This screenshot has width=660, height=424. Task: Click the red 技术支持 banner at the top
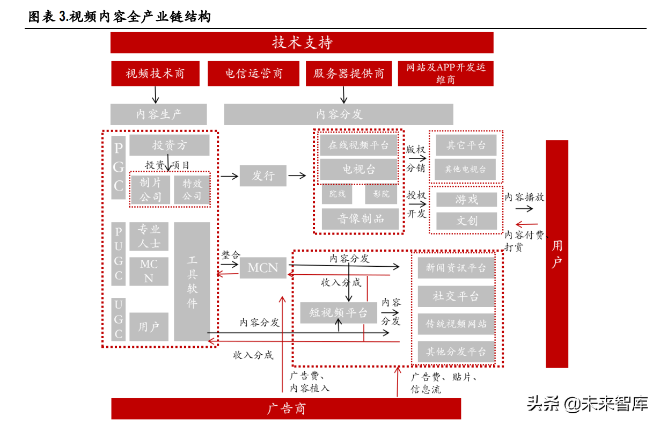pos(302,43)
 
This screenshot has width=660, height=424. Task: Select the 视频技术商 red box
pos(156,74)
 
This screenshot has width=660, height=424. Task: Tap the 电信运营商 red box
pos(253,74)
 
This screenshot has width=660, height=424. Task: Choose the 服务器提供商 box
pos(349,74)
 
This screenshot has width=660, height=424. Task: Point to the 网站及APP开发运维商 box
pos(445,74)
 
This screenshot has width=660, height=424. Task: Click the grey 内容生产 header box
pos(158,114)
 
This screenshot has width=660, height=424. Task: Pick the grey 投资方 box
pos(169,145)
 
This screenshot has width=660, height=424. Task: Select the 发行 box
pos(263,176)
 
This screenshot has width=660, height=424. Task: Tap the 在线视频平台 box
pos(358,145)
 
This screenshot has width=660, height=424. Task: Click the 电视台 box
pos(358,170)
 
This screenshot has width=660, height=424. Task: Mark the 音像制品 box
pos(360,219)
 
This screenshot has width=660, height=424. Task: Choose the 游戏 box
pos(466,200)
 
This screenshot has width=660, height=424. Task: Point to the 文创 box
pos(466,221)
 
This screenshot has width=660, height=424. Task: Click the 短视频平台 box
pos(338,312)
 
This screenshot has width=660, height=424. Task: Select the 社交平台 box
pos(456,296)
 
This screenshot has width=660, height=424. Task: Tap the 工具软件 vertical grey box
pos(192,282)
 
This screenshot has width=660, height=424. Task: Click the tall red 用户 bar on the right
pos(557,253)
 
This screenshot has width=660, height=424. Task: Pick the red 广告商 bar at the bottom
pos(286,409)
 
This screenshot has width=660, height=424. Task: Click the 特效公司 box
pos(192,189)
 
